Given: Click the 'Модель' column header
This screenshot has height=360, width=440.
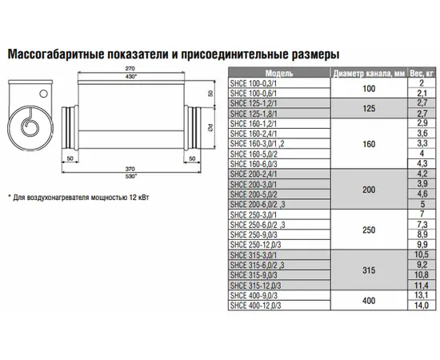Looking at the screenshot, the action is click(x=279, y=74).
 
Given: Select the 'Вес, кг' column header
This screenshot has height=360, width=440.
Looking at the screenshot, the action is click(x=422, y=74).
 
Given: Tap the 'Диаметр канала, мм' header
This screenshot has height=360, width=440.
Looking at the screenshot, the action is click(x=369, y=74).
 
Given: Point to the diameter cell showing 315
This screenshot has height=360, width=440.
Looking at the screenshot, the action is click(x=369, y=270).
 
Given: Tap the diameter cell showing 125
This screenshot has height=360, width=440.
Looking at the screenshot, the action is click(x=369, y=108).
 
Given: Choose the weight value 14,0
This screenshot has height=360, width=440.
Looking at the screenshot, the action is click(x=422, y=306).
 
